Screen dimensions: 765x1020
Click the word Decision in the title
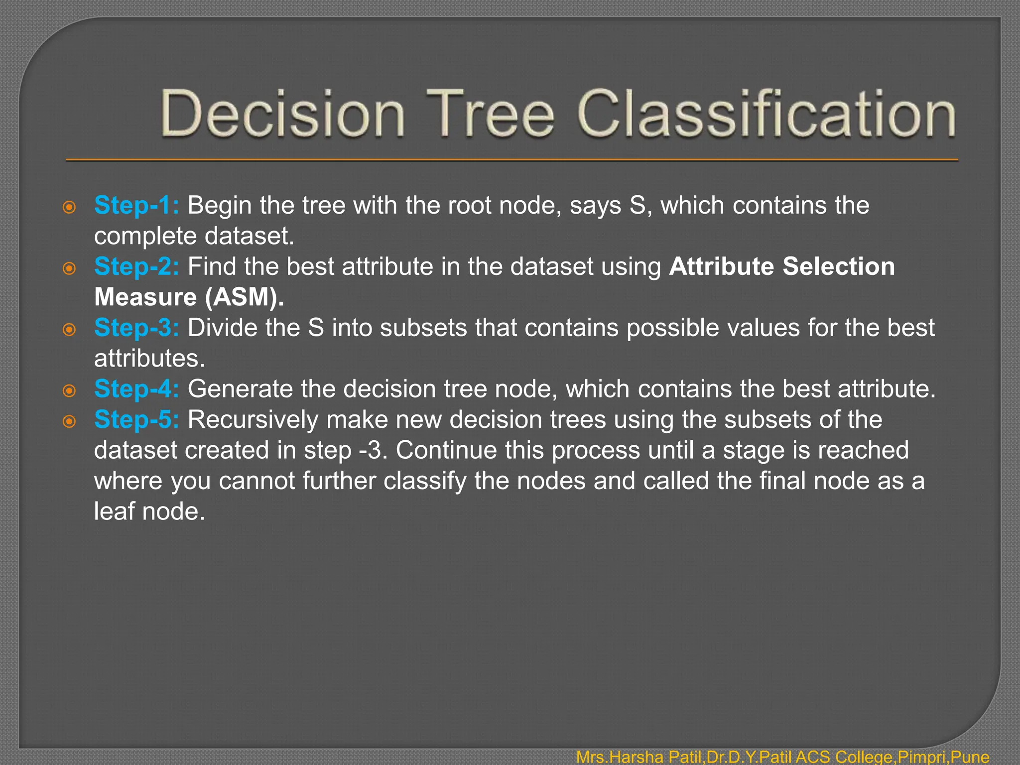click(x=282, y=114)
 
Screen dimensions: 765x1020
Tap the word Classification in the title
click(x=766, y=114)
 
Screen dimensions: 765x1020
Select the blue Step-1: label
click(x=136, y=205)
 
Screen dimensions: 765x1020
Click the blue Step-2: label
click(x=136, y=266)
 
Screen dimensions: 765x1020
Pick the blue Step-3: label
click(x=136, y=328)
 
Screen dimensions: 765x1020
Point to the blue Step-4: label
click(x=136, y=389)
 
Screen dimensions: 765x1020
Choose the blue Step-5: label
click(x=136, y=419)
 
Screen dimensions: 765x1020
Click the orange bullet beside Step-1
click(x=69, y=207)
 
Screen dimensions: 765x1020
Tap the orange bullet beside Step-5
click(x=69, y=422)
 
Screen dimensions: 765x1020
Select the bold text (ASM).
click(x=244, y=297)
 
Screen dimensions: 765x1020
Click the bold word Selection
click(x=838, y=266)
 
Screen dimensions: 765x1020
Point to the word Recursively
click(x=253, y=419)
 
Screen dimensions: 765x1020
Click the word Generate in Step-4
click(x=240, y=389)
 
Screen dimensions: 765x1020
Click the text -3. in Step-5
click(x=373, y=450)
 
